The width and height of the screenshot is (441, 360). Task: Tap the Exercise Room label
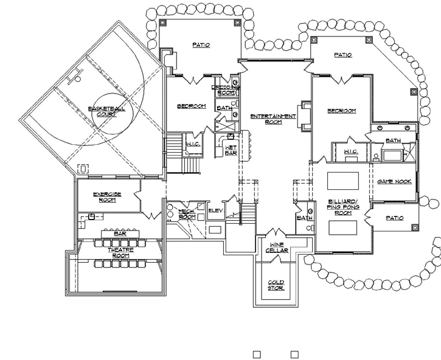(107, 196)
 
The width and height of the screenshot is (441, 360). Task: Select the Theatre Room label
(119, 252)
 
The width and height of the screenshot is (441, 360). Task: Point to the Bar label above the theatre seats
(119, 233)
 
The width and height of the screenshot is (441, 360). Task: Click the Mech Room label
(186, 214)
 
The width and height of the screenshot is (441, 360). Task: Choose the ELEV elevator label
(216, 211)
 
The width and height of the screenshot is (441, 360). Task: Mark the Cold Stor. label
(276, 285)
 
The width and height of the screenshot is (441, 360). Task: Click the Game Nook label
(392, 181)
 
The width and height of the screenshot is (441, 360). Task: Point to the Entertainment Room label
(277, 119)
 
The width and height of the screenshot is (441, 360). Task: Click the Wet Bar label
(231, 150)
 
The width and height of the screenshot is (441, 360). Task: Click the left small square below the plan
(257, 354)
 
